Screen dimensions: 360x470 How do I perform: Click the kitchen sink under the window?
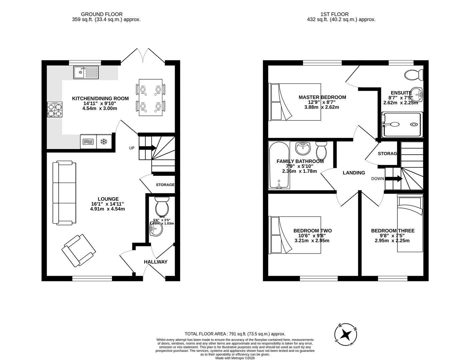(x=86, y=72)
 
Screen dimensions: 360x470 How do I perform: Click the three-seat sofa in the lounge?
(x=64, y=192)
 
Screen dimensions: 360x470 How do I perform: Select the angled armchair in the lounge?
(x=78, y=250)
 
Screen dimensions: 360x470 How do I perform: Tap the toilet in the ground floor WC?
(x=162, y=206)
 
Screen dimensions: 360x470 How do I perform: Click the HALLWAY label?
(x=155, y=262)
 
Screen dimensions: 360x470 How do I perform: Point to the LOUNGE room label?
(x=108, y=199)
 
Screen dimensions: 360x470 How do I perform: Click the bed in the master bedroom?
(x=295, y=102)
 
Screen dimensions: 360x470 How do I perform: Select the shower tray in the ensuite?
(x=402, y=125)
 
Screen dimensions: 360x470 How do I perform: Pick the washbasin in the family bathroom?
(x=303, y=148)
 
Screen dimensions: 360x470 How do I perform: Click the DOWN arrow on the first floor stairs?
(x=394, y=179)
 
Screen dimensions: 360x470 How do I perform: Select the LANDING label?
(x=354, y=173)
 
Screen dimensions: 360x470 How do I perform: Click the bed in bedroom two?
(x=295, y=235)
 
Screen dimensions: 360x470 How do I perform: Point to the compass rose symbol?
(x=347, y=334)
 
